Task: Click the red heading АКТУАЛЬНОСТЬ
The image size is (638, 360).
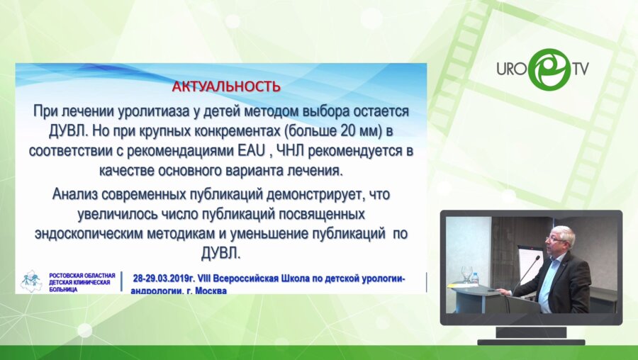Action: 226,86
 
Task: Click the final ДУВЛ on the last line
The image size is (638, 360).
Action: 222,252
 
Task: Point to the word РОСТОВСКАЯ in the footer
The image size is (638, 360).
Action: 65,274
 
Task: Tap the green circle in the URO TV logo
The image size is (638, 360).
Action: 550,69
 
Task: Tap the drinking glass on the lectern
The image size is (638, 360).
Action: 466,274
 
